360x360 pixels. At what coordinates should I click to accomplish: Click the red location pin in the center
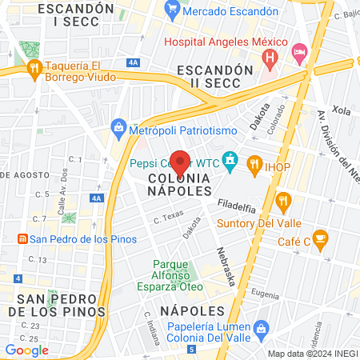[180, 162]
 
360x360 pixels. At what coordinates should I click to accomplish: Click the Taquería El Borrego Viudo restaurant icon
[34, 68]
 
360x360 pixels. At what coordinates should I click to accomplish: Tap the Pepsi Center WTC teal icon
[230, 162]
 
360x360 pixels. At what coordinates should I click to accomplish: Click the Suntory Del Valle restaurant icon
[282, 201]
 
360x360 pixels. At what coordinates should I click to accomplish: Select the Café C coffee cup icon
[320, 238]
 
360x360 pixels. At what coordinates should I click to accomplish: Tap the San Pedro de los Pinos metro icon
[22, 238]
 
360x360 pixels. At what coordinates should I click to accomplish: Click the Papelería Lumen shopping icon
[261, 328]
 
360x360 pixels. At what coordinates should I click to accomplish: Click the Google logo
[26, 350]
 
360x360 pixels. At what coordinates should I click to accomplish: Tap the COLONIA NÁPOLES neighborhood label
[180, 186]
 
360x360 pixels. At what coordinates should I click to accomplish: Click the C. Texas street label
[168, 217]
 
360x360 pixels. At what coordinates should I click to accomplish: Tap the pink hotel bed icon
[299, 53]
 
